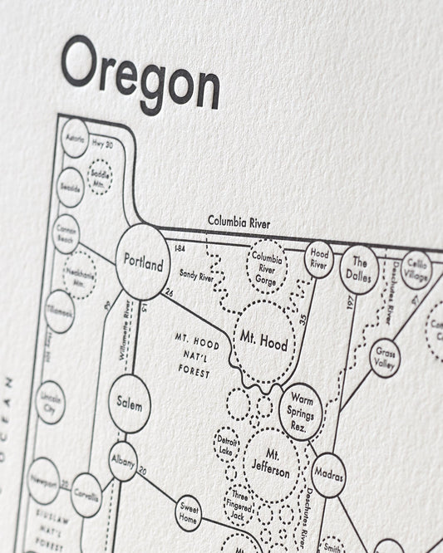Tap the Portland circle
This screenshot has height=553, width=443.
coord(142,262)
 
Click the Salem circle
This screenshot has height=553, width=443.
coord(130,403)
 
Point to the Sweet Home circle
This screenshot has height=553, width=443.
coord(189,514)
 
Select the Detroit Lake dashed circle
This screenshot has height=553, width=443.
coord(227,442)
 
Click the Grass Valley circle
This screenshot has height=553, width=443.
coord(385,358)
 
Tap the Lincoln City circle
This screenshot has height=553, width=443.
coord(51,402)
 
